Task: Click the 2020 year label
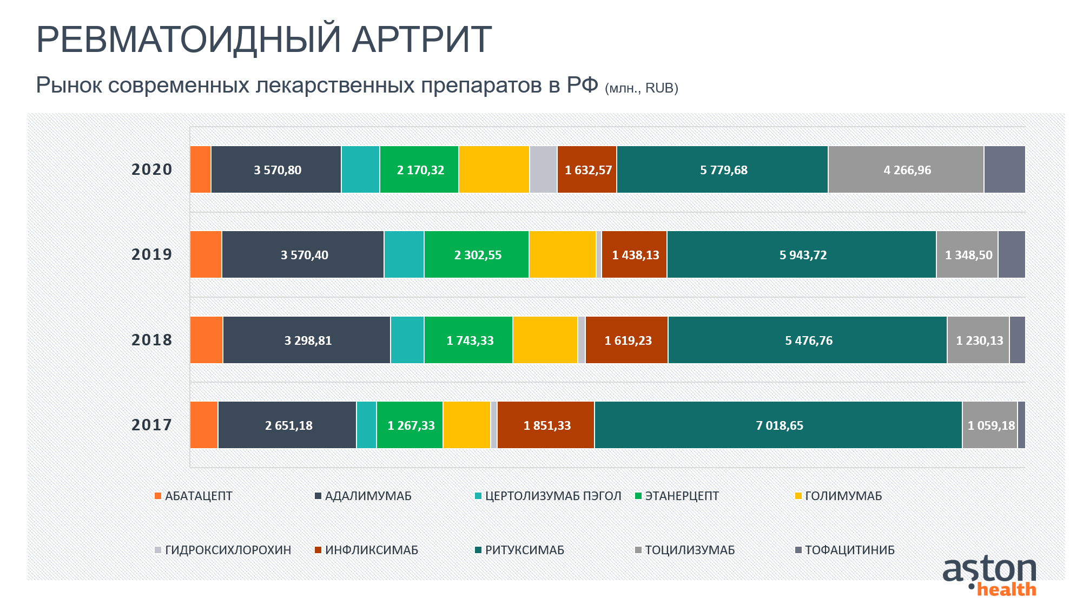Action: click(x=151, y=169)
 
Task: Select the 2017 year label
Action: click(x=151, y=425)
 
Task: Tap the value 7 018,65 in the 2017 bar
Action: click(x=780, y=425)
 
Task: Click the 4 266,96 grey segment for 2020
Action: click(x=906, y=169)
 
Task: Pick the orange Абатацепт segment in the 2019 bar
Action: click(x=206, y=254)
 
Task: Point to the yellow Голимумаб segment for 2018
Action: click(x=545, y=340)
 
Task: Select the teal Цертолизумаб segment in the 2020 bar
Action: click(x=360, y=169)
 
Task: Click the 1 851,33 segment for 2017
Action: click(x=546, y=425)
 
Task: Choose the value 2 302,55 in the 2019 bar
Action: click(x=478, y=255)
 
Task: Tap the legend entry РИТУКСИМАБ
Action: click(x=519, y=550)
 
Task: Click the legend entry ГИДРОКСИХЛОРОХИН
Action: click(x=223, y=550)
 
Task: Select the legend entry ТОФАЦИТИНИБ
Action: click(x=845, y=550)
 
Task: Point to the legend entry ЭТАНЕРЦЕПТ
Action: click(x=677, y=496)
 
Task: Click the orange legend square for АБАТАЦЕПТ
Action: click(x=158, y=496)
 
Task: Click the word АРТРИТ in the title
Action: click(x=422, y=39)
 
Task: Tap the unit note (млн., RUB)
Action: click(x=642, y=88)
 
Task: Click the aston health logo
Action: click(x=989, y=575)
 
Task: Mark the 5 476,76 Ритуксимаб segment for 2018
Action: click(x=808, y=340)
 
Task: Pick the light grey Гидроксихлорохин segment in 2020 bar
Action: click(x=543, y=169)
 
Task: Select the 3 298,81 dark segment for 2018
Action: click(x=307, y=340)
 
